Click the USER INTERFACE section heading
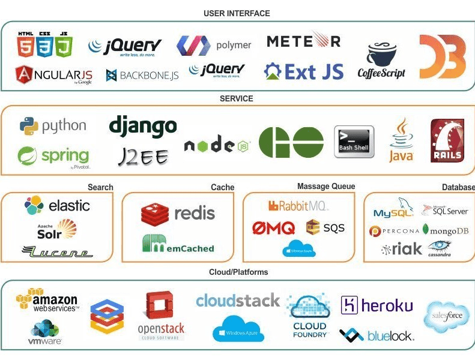237,13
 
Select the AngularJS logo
53,75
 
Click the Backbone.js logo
142,76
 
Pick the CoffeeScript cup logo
381,61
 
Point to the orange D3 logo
442,56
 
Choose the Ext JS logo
304,71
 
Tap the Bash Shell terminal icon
354,142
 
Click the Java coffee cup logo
401,140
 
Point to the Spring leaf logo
53,158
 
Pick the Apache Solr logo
57,229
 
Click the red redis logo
178,213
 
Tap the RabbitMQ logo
298,206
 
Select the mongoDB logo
445,230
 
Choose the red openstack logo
160,315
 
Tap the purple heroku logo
377,305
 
